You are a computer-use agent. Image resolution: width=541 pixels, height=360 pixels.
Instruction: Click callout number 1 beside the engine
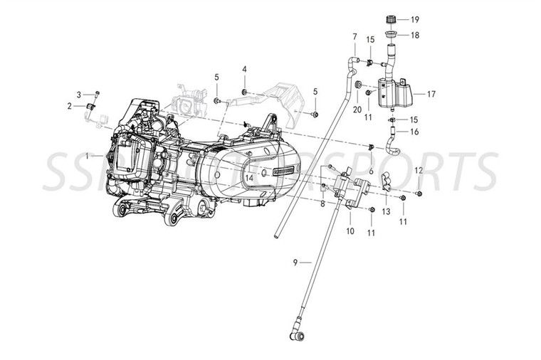[x=86, y=154]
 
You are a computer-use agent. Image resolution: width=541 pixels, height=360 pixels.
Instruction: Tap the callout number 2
[x=70, y=107]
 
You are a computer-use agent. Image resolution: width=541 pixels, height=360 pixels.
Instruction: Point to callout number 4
[x=243, y=69]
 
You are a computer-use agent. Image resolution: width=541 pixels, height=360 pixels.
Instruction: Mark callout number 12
[x=419, y=171]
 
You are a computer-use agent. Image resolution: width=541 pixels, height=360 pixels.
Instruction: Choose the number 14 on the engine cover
[x=249, y=178]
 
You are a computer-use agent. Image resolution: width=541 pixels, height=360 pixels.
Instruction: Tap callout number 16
[x=414, y=132]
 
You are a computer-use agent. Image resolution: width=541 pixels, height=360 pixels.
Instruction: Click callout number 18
[x=414, y=34]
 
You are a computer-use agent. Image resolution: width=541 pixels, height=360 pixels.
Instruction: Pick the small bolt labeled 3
[x=98, y=94]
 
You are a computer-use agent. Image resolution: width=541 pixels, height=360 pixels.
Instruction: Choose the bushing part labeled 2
[x=90, y=107]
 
